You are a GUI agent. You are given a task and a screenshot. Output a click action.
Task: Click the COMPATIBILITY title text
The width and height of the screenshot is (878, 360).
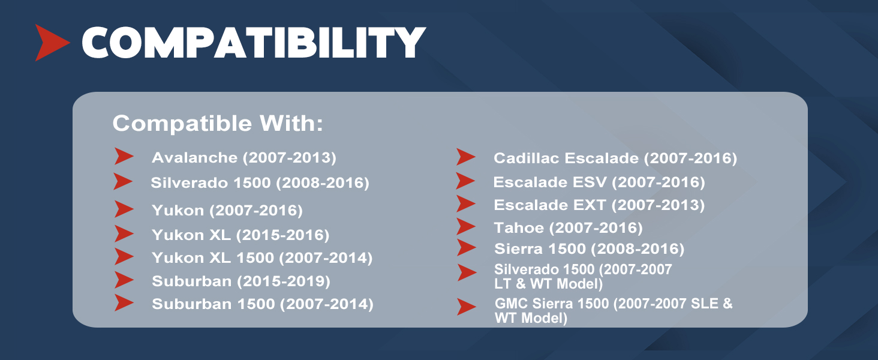(254, 43)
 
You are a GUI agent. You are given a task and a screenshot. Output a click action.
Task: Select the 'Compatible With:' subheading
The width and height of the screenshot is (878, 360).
(218, 123)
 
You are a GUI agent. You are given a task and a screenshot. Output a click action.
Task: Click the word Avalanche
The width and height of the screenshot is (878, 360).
(194, 158)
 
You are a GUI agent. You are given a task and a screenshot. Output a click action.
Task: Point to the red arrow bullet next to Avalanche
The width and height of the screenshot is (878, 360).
(124, 156)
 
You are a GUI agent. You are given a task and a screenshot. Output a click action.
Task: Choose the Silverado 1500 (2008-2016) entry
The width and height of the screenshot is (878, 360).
(260, 183)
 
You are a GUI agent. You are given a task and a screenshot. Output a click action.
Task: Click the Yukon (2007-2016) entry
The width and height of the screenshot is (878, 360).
(227, 211)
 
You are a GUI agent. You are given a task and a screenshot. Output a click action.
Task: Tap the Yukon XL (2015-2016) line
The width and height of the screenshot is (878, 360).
(240, 235)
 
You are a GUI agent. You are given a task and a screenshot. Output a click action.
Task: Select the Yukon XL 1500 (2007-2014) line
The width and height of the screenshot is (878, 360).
(262, 258)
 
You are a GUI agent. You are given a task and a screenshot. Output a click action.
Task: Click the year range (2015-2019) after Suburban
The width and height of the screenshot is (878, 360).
(284, 281)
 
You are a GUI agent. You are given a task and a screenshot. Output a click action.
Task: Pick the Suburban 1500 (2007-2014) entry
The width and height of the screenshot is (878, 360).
(263, 304)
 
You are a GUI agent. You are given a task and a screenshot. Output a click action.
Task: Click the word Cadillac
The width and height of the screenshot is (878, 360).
(527, 158)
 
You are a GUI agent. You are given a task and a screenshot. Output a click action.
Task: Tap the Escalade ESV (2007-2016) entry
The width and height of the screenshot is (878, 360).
(599, 182)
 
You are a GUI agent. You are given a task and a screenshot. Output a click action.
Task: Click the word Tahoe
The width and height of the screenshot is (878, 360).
(519, 228)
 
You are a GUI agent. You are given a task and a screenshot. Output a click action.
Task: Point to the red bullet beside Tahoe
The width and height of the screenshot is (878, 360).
(466, 226)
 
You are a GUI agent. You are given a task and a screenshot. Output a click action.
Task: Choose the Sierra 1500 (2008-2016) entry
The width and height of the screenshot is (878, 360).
(589, 249)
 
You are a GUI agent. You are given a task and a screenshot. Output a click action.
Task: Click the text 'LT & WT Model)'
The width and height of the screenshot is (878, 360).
(548, 284)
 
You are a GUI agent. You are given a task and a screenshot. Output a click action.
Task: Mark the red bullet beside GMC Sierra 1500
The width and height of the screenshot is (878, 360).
(467, 307)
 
